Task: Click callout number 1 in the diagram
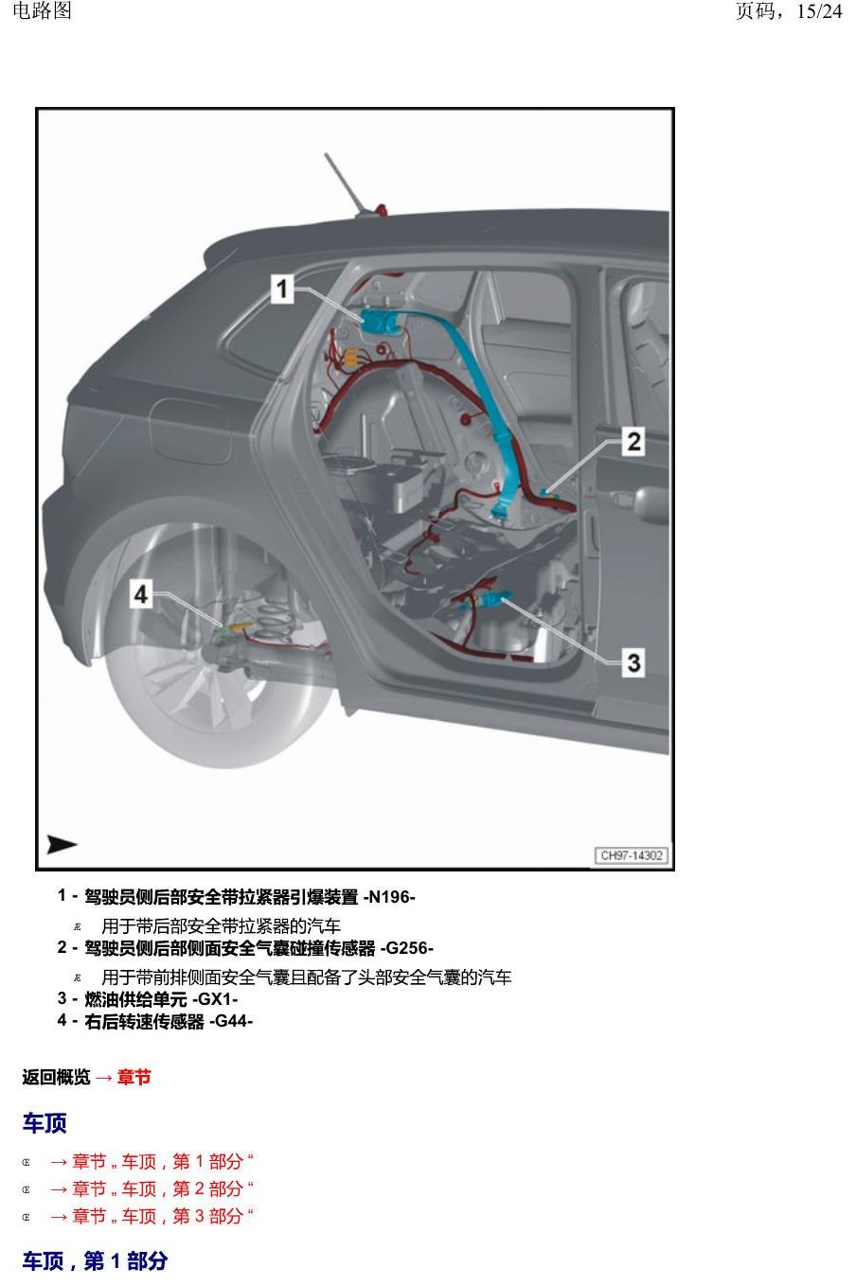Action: (282, 290)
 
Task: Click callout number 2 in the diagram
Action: (633, 442)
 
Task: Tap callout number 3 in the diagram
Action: (633, 662)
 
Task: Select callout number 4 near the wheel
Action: (141, 594)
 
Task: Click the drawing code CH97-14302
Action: (631, 855)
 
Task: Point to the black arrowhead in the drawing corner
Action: (61, 844)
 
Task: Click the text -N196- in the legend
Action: (388, 897)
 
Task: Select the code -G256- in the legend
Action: (406, 948)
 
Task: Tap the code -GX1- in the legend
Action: (215, 998)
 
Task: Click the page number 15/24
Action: (819, 11)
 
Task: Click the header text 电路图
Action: (42, 11)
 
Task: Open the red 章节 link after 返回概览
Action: (134, 1077)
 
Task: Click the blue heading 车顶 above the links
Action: (45, 1122)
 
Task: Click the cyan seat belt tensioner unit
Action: (379, 321)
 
